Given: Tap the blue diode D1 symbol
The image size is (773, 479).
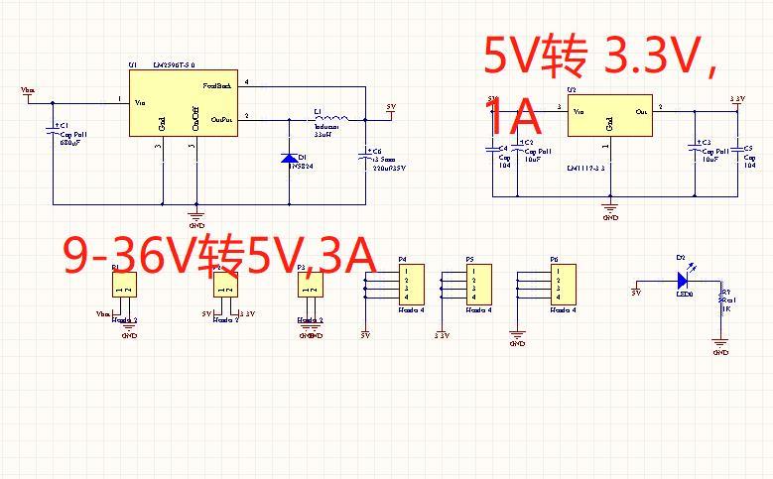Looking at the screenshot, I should (290, 158).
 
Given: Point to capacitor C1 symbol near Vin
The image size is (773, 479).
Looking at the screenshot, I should (52, 131).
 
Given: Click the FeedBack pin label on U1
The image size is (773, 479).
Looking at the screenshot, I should (216, 86).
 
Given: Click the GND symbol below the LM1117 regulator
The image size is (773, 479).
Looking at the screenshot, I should (610, 206).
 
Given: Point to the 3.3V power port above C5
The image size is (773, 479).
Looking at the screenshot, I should (736, 100).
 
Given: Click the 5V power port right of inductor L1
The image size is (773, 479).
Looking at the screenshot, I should (390, 109).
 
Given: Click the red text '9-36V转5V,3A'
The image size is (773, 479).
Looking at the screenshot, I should (218, 256).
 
